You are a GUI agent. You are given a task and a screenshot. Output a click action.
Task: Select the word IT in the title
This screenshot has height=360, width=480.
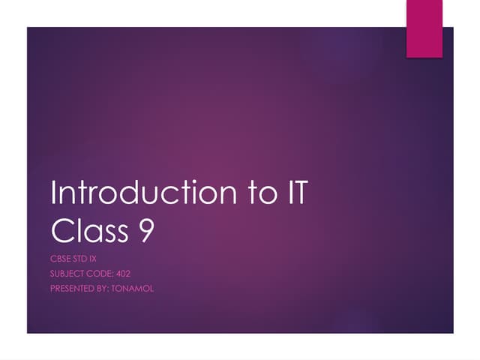(295, 193)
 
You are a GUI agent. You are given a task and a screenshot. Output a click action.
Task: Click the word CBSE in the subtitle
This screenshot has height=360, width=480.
(61, 259)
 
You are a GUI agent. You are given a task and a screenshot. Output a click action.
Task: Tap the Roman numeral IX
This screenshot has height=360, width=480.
(94, 259)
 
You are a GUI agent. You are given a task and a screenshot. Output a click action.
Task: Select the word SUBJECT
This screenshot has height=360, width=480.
(68, 274)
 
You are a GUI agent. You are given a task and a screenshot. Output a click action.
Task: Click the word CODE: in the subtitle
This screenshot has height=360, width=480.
(103, 274)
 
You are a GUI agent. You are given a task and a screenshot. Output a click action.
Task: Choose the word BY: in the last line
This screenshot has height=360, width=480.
(106, 289)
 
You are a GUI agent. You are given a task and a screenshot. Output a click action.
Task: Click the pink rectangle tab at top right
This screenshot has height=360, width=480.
(425, 28)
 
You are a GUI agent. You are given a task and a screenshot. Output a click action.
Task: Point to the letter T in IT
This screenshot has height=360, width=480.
(300, 193)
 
